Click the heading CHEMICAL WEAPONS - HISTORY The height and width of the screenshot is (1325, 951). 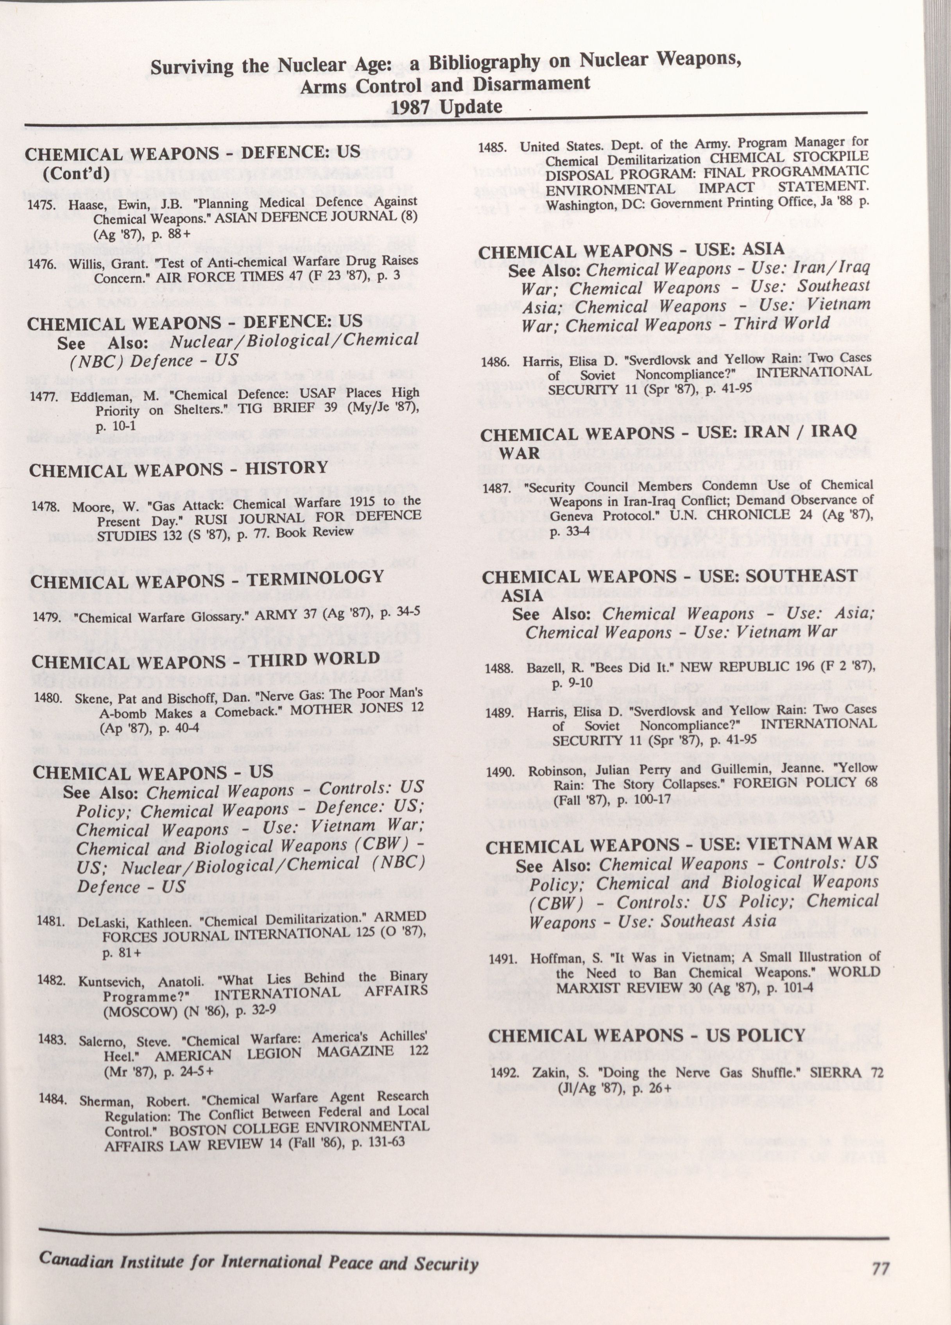[x=178, y=469]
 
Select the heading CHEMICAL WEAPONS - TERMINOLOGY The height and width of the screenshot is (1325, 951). [x=207, y=579]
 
